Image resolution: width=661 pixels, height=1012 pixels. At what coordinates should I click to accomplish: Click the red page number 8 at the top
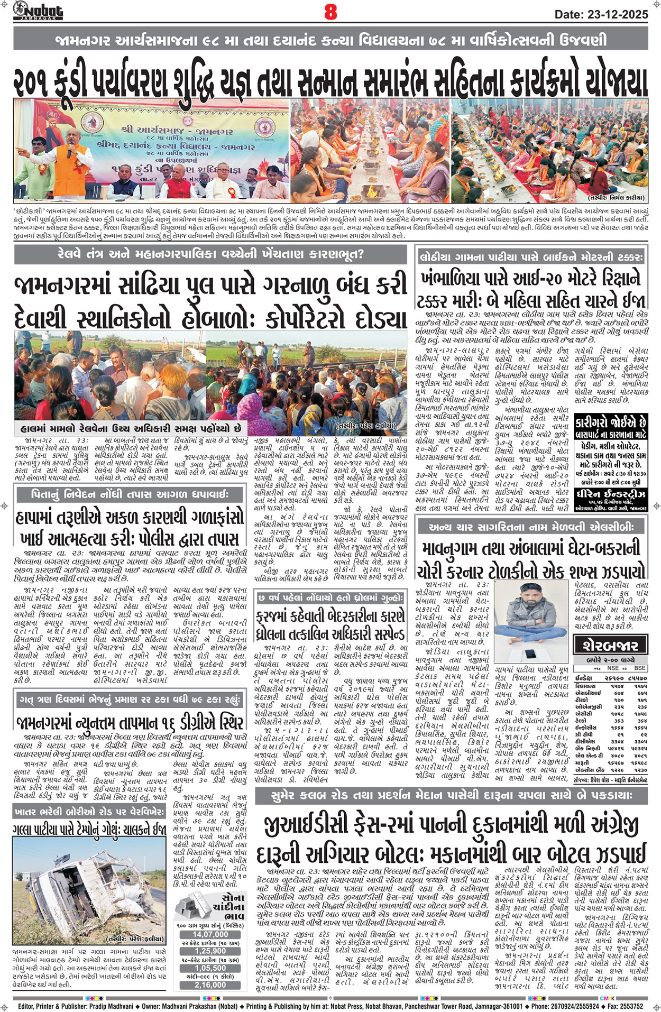coord(331,12)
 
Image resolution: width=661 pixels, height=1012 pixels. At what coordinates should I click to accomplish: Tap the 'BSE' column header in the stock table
coord(640,668)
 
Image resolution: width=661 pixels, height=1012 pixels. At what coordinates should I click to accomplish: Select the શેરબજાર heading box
coord(610,645)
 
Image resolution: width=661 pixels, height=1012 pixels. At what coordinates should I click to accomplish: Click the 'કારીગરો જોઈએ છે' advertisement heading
coord(611,424)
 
